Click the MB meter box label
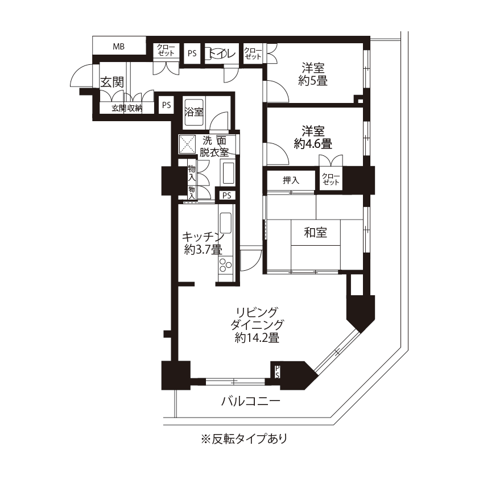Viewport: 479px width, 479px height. click(x=118, y=47)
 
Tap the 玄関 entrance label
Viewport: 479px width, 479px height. click(x=112, y=82)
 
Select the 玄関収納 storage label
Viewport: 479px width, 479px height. click(x=127, y=108)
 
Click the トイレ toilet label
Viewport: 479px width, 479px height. click(x=222, y=54)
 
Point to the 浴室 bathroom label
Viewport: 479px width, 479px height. click(x=193, y=112)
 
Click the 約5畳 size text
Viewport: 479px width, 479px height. click(x=313, y=81)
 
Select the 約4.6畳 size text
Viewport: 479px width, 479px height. click(x=313, y=143)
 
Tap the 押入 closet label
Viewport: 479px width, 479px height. click(x=291, y=180)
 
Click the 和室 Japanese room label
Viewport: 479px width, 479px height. click(x=315, y=233)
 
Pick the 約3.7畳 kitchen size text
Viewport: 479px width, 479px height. click(x=203, y=250)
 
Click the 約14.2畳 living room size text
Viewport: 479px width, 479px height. click(x=257, y=338)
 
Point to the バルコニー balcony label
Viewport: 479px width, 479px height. click(x=251, y=401)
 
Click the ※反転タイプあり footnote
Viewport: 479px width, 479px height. click(x=244, y=439)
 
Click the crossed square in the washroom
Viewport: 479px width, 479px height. click(x=187, y=144)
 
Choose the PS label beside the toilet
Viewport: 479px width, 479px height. click(x=192, y=53)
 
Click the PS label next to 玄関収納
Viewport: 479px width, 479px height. click(x=167, y=105)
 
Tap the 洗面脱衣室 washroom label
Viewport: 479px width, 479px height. click(x=214, y=146)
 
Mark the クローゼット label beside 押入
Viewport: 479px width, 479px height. click(x=331, y=179)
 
